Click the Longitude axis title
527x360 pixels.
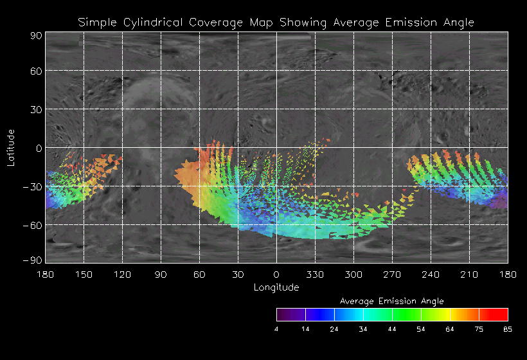tap(276, 287)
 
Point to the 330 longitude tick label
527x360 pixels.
tap(315, 274)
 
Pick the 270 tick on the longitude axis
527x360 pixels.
tap(392, 274)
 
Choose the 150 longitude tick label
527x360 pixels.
tap(84, 274)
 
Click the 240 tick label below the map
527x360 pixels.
tap(431, 274)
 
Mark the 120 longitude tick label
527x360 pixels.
tap(122, 274)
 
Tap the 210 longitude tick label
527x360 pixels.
tap(469, 274)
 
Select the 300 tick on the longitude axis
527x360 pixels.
tap(353, 274)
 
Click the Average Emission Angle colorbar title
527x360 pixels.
tap(391, 301)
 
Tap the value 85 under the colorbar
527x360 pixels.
tap(508, 329)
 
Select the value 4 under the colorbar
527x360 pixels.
tap(276, 329)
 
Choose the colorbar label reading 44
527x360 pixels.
tap(392, 329)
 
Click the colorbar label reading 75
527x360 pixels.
tap(479, 329)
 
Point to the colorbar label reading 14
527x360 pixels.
tap(305, 329)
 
